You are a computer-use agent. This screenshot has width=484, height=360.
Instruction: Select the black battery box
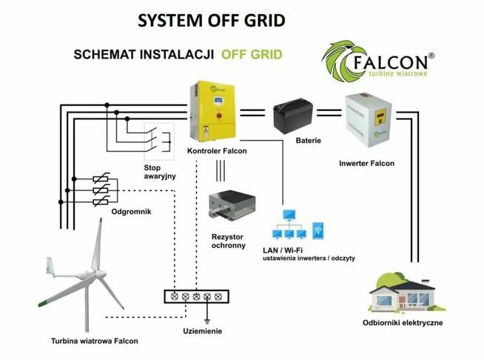tap(297, 117)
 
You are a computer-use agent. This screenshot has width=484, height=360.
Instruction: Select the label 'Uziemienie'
tap(203, 330)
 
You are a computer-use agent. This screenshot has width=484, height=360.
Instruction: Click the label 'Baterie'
tap(307, 140)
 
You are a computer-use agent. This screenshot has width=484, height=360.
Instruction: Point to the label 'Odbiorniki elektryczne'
tap(403, 324)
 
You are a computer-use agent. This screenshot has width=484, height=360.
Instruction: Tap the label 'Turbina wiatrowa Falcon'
tap(95, 341)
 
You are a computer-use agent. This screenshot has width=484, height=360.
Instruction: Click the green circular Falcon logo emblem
tap(342, 61)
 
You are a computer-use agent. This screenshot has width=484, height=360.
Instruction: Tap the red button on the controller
tap(219, 116)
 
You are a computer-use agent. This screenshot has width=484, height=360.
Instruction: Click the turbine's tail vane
tap(50, 265)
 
